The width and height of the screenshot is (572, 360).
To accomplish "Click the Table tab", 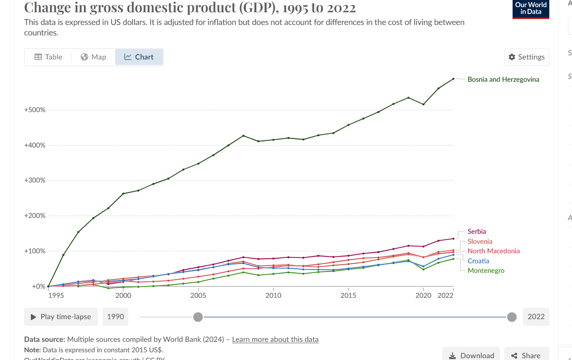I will click(x=48, y=57).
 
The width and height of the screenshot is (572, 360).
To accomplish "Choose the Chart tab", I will click(x=139, y=57).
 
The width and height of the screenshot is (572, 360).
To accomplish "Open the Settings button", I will click(x=527, y=57).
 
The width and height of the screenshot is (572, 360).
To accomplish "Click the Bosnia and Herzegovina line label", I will click(x=503, y=79).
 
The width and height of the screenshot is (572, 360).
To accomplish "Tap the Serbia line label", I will click(x=477, y=232).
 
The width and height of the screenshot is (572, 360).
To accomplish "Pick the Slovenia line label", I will click(x=480, y=242).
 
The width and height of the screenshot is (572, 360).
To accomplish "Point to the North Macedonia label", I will click(x=494, y=251).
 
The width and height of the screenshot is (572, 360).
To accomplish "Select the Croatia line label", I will click(x=479, y=261).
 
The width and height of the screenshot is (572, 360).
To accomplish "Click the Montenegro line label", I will click(x=486, y=271).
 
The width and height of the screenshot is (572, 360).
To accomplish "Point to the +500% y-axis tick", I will click(x=34, y=110).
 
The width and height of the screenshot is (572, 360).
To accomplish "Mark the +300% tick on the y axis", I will click(x=34, y=180).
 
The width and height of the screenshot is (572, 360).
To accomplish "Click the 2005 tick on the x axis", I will click(x=198, y=295).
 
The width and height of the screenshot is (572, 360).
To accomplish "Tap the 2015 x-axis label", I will click(x=348, y=295).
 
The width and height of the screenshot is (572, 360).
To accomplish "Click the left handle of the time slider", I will click(x=198, y=317).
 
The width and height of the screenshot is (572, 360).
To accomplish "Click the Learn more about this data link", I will click(x=275, y=339).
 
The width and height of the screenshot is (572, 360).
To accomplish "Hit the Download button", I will click(x=471, y=355).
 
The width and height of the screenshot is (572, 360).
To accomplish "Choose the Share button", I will click(x=525, y=355).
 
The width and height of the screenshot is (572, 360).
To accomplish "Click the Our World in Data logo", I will click(x=531, y=9).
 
